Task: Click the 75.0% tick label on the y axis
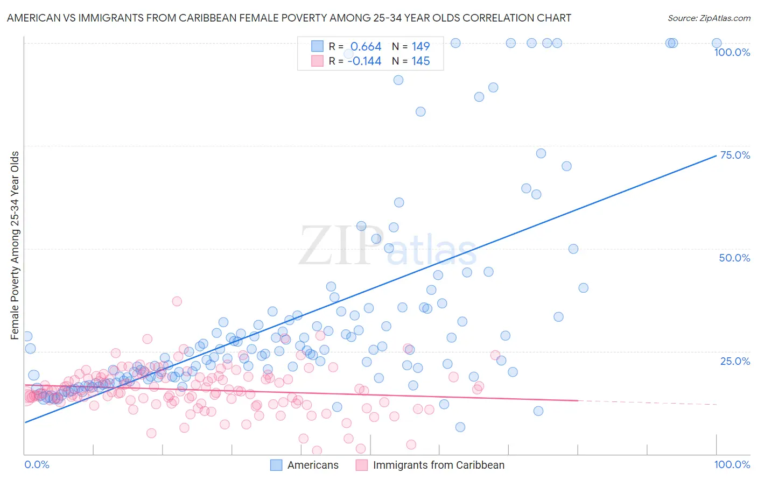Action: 735,155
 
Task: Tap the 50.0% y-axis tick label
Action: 734,258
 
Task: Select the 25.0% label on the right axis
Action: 735,361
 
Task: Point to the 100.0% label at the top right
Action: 732,52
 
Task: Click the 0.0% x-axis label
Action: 37,464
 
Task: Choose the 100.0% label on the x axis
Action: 732,464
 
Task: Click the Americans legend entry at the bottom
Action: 313,465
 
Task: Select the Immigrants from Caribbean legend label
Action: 438,465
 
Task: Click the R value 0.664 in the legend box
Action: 366,47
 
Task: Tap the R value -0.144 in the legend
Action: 365,61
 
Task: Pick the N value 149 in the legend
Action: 420,47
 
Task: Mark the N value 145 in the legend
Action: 420,61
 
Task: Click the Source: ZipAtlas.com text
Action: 709,18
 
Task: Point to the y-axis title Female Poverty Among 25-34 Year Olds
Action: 15,245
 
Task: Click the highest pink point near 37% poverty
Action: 177,301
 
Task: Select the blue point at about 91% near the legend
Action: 398,80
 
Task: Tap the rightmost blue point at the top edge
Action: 717,43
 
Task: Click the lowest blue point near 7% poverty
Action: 460,427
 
